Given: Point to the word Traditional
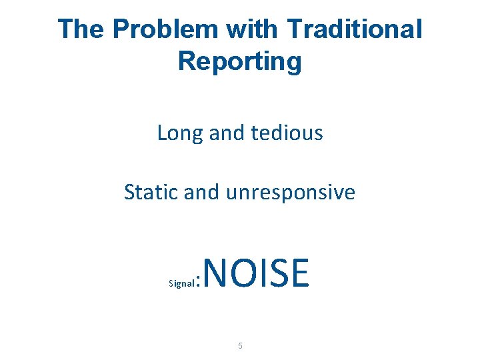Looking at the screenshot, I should point(355,29).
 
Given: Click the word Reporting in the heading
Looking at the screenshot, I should point(240,61).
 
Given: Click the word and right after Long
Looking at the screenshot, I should point(227,133).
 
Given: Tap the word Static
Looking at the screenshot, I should point(151,193).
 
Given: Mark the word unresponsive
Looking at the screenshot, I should point(291,193).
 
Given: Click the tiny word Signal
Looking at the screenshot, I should point(181,283).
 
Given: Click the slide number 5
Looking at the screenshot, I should point(240,346).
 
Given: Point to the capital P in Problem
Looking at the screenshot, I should point(120,29).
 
